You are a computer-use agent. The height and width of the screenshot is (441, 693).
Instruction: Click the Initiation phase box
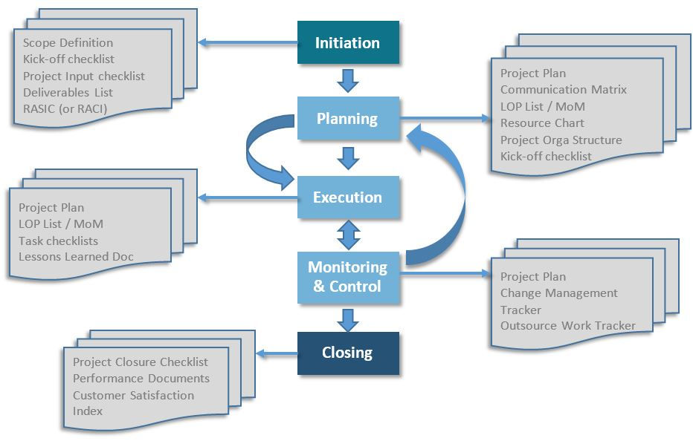[x=348, y=42]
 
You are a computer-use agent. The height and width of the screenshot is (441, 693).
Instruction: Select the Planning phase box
[x=348, y=118]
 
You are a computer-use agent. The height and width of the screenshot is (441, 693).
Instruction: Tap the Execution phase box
[x=348, y=197]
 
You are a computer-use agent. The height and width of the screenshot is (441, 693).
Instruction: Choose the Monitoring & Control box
[x=348, y=276]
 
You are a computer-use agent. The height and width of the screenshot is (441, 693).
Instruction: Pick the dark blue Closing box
[x=348, y=353]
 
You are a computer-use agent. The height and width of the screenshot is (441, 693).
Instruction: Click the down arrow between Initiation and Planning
[x=348, y=79]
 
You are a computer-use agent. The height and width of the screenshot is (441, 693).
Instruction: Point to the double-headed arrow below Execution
[x=348, y=235]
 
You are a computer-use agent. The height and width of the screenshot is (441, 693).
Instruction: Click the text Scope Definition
[x=68, y=43]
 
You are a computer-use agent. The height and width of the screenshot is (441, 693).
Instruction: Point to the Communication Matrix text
[x=563, y=90]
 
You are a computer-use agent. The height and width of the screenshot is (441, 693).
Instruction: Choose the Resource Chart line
[x=542, y=123]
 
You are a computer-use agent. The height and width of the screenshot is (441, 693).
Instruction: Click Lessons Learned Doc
[x=76, y=257]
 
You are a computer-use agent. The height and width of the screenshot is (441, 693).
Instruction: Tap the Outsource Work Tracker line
[x=567, y=326]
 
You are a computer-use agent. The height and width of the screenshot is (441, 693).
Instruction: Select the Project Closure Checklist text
[x=140, y=362]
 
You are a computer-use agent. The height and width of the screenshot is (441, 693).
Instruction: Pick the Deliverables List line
[x=68, y=93]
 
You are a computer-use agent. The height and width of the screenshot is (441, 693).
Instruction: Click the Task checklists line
[x=58, y=241]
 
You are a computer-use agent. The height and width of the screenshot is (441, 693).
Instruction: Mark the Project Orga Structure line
[x=561, y=140]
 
